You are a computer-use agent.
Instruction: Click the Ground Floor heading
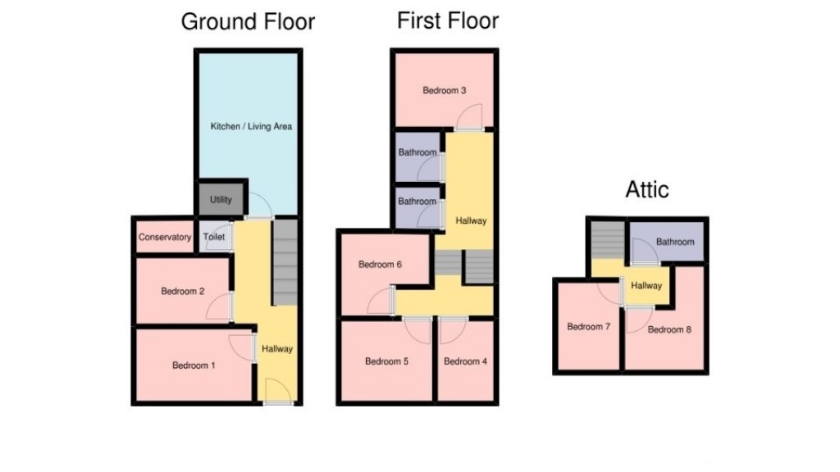point(248,22)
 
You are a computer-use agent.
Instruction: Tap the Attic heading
point(647,190)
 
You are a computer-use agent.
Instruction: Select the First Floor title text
point(448,20)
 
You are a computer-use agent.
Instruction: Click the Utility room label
point(221,200)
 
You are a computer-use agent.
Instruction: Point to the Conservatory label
point(164,238)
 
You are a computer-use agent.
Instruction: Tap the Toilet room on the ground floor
point(213,238)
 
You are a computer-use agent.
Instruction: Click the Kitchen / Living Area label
point(251,127)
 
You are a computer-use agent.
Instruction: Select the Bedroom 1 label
point(194,365)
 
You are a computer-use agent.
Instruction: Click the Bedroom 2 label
point(182,292)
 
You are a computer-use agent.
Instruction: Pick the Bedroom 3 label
point(445,91)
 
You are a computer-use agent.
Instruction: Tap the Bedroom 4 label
point(465,361)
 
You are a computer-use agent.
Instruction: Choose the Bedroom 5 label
point(386,361)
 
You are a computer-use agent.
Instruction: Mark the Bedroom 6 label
point(380,265)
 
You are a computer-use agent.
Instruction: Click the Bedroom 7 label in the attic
point(588,327)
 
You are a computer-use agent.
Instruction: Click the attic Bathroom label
point(675,242)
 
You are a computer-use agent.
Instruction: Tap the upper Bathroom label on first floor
point(418,153)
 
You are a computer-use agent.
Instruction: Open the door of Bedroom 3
point(470,123)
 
